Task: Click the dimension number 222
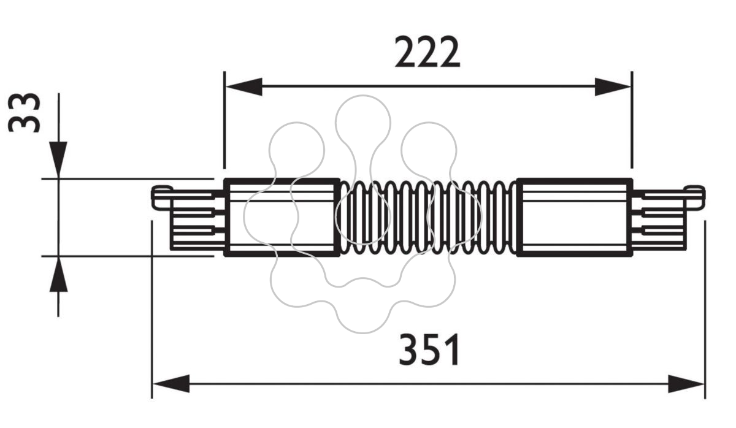(x=427, y=52)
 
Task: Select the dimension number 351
(x=429, y=350)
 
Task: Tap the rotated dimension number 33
(x=25, y=113)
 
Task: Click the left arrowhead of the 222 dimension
(x=244, y=86)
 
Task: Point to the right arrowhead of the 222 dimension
(x=613, y=86)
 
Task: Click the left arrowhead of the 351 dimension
(x=171, y=383)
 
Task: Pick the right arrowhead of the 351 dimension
(x=686, y=383)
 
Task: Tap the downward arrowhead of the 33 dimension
(x=58, y=160)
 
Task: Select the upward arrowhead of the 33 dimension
(x=58, y=274)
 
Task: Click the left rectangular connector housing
(x=282, y=217)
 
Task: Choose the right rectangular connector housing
(x=574, y=217)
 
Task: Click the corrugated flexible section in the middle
(x=429, y=217)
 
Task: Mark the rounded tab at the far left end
(x=162, y=197)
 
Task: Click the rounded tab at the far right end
(x=694, y=197)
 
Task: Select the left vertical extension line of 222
(x=224, y=120)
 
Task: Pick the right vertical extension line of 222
(x=632, y=120)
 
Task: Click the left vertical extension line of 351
(x=152, y=310)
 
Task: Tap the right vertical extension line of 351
(x=705, y=310)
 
